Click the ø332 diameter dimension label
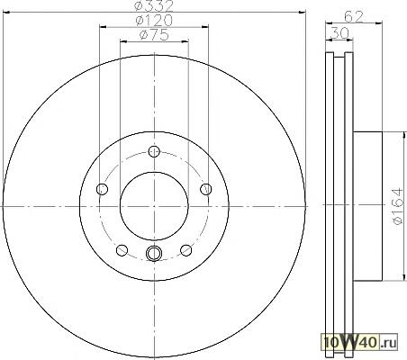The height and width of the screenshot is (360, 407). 154,5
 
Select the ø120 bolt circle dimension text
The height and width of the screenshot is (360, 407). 154,21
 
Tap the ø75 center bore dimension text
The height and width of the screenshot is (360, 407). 154,35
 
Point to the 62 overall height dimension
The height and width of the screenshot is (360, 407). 354,16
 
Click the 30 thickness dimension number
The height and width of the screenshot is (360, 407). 339,32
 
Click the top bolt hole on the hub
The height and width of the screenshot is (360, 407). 154,151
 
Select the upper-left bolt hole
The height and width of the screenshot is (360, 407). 102,189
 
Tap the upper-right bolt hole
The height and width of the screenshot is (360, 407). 206,189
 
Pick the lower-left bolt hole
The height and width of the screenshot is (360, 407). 122,250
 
